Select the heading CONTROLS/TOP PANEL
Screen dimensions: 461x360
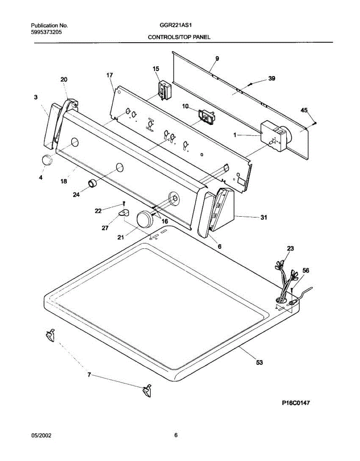179,37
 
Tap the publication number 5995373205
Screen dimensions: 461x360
46,32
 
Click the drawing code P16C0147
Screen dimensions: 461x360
296,403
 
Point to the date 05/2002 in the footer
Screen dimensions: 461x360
41,435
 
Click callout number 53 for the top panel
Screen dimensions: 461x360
259,362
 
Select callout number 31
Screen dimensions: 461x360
264,217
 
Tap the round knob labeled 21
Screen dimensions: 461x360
144,220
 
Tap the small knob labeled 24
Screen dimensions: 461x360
93,184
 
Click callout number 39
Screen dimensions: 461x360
272,78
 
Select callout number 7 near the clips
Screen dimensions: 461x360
89,375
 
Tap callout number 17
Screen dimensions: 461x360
109,75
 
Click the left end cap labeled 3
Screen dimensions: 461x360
48,128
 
